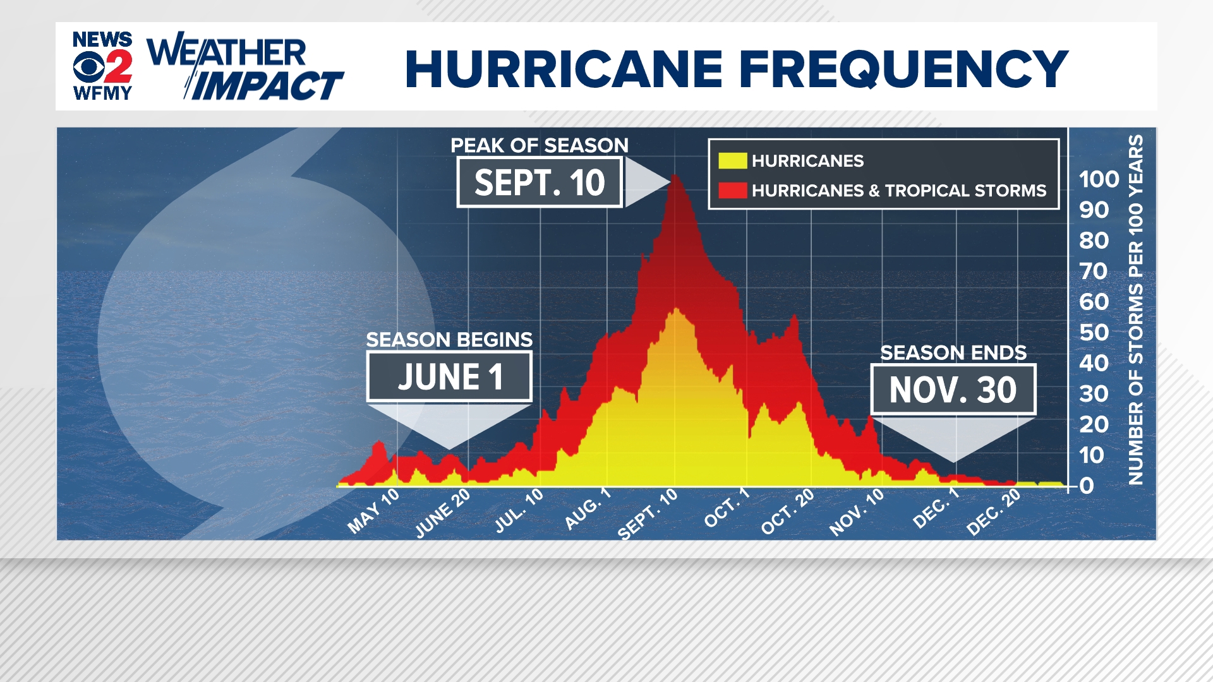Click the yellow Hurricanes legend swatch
732,161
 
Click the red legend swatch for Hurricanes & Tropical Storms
732,190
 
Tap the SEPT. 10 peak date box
540,182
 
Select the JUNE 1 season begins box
449,377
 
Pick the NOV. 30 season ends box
953,390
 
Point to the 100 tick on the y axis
1099,179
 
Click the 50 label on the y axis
1094,333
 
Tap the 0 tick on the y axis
1087,486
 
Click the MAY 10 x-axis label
374,511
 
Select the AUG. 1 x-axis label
588,509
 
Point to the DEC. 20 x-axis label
994,512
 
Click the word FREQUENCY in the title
903,69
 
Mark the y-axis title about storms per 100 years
1136,309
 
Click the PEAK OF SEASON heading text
540,145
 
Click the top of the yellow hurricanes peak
676,309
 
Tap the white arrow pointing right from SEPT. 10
644,182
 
